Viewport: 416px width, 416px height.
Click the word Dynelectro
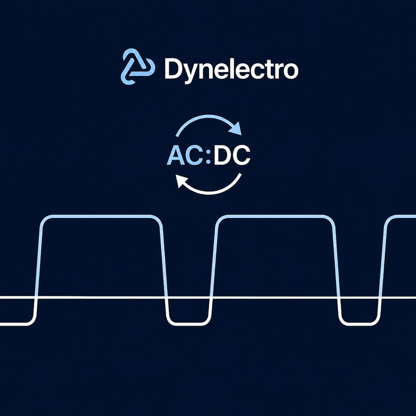point(231,69)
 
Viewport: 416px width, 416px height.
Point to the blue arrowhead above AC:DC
point(236,129)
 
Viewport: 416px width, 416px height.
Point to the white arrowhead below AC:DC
point(182,180)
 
